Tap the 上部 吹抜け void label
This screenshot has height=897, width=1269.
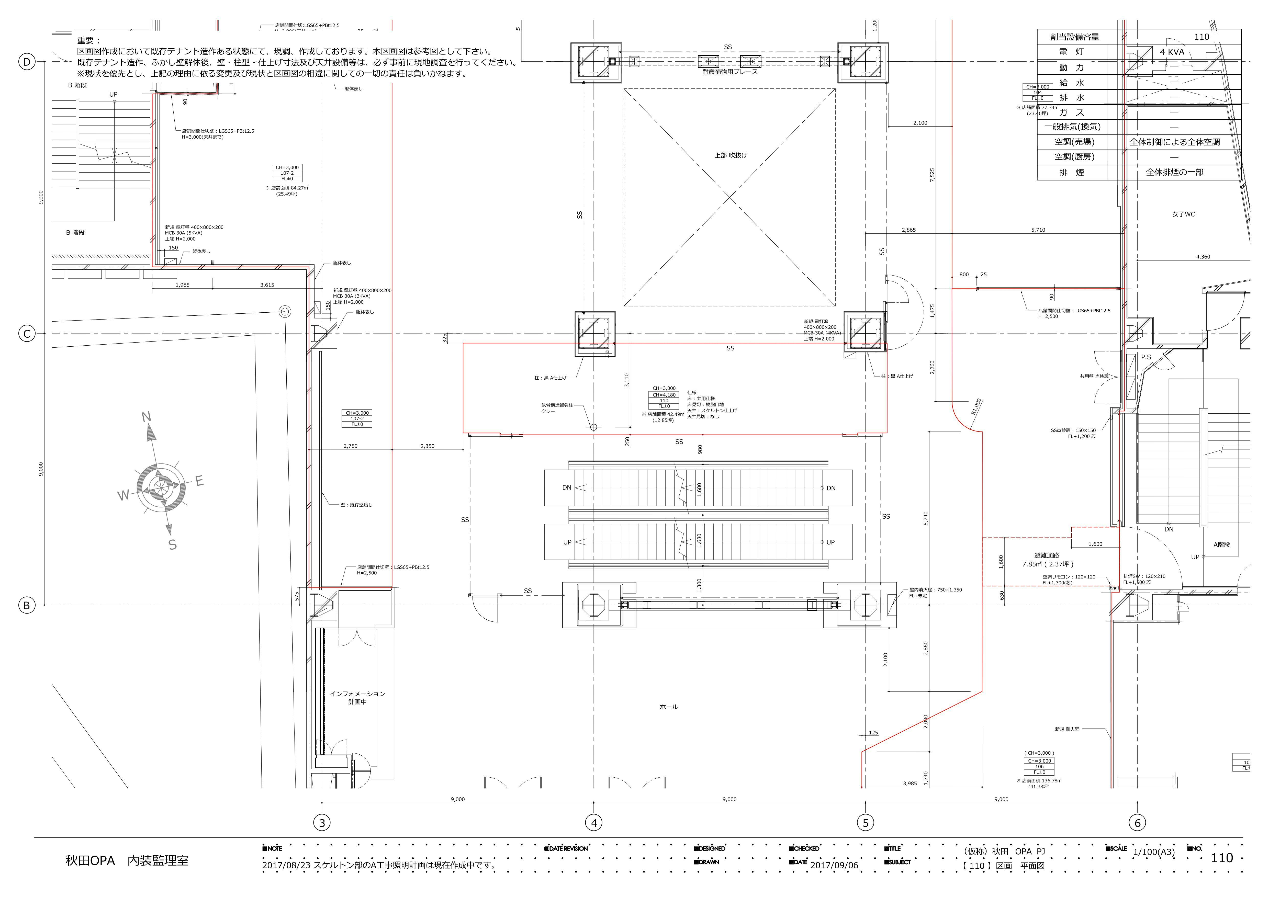[730, 155]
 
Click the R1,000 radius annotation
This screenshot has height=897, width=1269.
[976, 406]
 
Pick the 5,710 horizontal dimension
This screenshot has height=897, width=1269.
[1038, 230]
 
